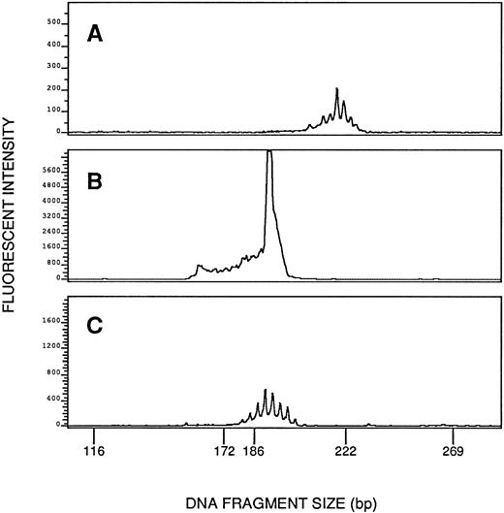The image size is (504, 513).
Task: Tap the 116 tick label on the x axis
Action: click(x=94, y=451)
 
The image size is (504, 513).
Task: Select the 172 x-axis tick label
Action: click(x=224, y=451)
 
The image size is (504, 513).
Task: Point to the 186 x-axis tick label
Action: click(x=255, y=451)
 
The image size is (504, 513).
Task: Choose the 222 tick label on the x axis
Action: click(x=346, y=451)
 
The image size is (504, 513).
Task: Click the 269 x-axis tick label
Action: click(x=455, y=451)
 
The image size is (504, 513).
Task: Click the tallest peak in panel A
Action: click(x=336, y=90)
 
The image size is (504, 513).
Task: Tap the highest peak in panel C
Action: click(x=265, y=391)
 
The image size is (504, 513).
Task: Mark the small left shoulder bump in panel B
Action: click(x=198, y=266)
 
